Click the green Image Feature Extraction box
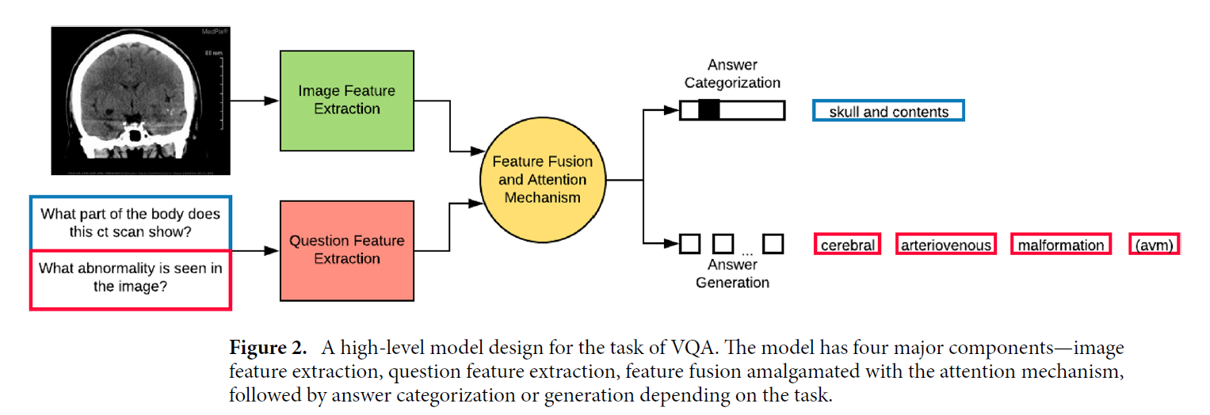coord(346,101)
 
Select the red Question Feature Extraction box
coord(346,249)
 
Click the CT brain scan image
coord(140,101)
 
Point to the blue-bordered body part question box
coord(130,223)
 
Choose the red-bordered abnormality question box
coord(130,278)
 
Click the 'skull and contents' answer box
coord(888,112)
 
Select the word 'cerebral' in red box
coord(847,245)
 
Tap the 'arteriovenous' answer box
coord(945,245)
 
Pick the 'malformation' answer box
coord(1060,245)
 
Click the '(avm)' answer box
coord(1154,245)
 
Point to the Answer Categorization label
coord(732,74)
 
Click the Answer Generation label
coord(732,273)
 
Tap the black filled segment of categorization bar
coord(710,111)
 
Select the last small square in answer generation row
coord(773,243)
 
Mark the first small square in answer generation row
coord(690,243)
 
